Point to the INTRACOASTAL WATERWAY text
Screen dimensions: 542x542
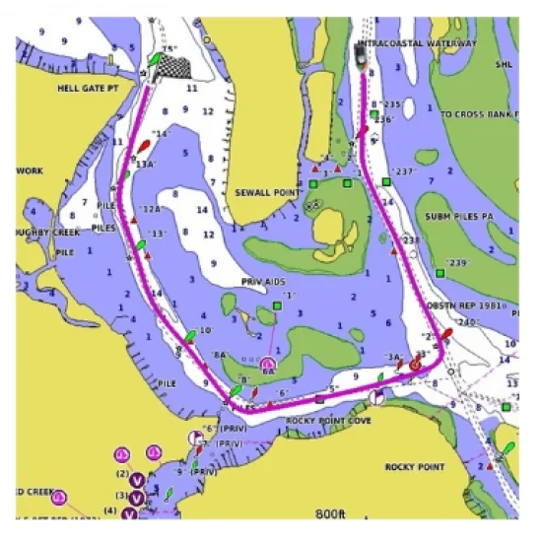point(418,44)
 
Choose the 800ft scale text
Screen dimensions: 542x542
point(331,513)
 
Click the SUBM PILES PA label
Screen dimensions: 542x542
point(465,215)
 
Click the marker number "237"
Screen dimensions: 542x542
point(403,170)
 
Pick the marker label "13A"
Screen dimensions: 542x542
point(146,165)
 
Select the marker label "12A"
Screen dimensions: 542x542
point(149,209)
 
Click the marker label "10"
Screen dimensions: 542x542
point(204,331)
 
